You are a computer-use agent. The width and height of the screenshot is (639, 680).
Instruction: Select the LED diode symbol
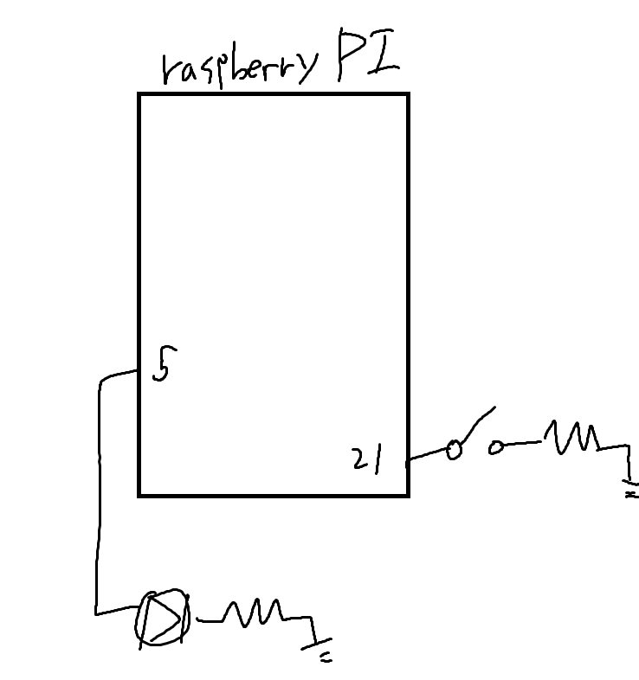161,617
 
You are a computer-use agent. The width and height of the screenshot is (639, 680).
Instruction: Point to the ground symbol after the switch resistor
629,486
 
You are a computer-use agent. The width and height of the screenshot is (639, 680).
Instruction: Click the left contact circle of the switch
452,449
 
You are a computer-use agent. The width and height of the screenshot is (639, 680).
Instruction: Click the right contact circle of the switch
496,447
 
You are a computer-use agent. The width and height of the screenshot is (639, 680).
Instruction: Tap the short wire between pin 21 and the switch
427,453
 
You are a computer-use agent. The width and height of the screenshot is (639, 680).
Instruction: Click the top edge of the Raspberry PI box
273,94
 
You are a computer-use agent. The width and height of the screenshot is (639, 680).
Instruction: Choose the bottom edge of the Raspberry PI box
273,495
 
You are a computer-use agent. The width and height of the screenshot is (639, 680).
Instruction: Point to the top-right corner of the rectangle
407,94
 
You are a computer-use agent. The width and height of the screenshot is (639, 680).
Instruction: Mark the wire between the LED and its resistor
210,619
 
